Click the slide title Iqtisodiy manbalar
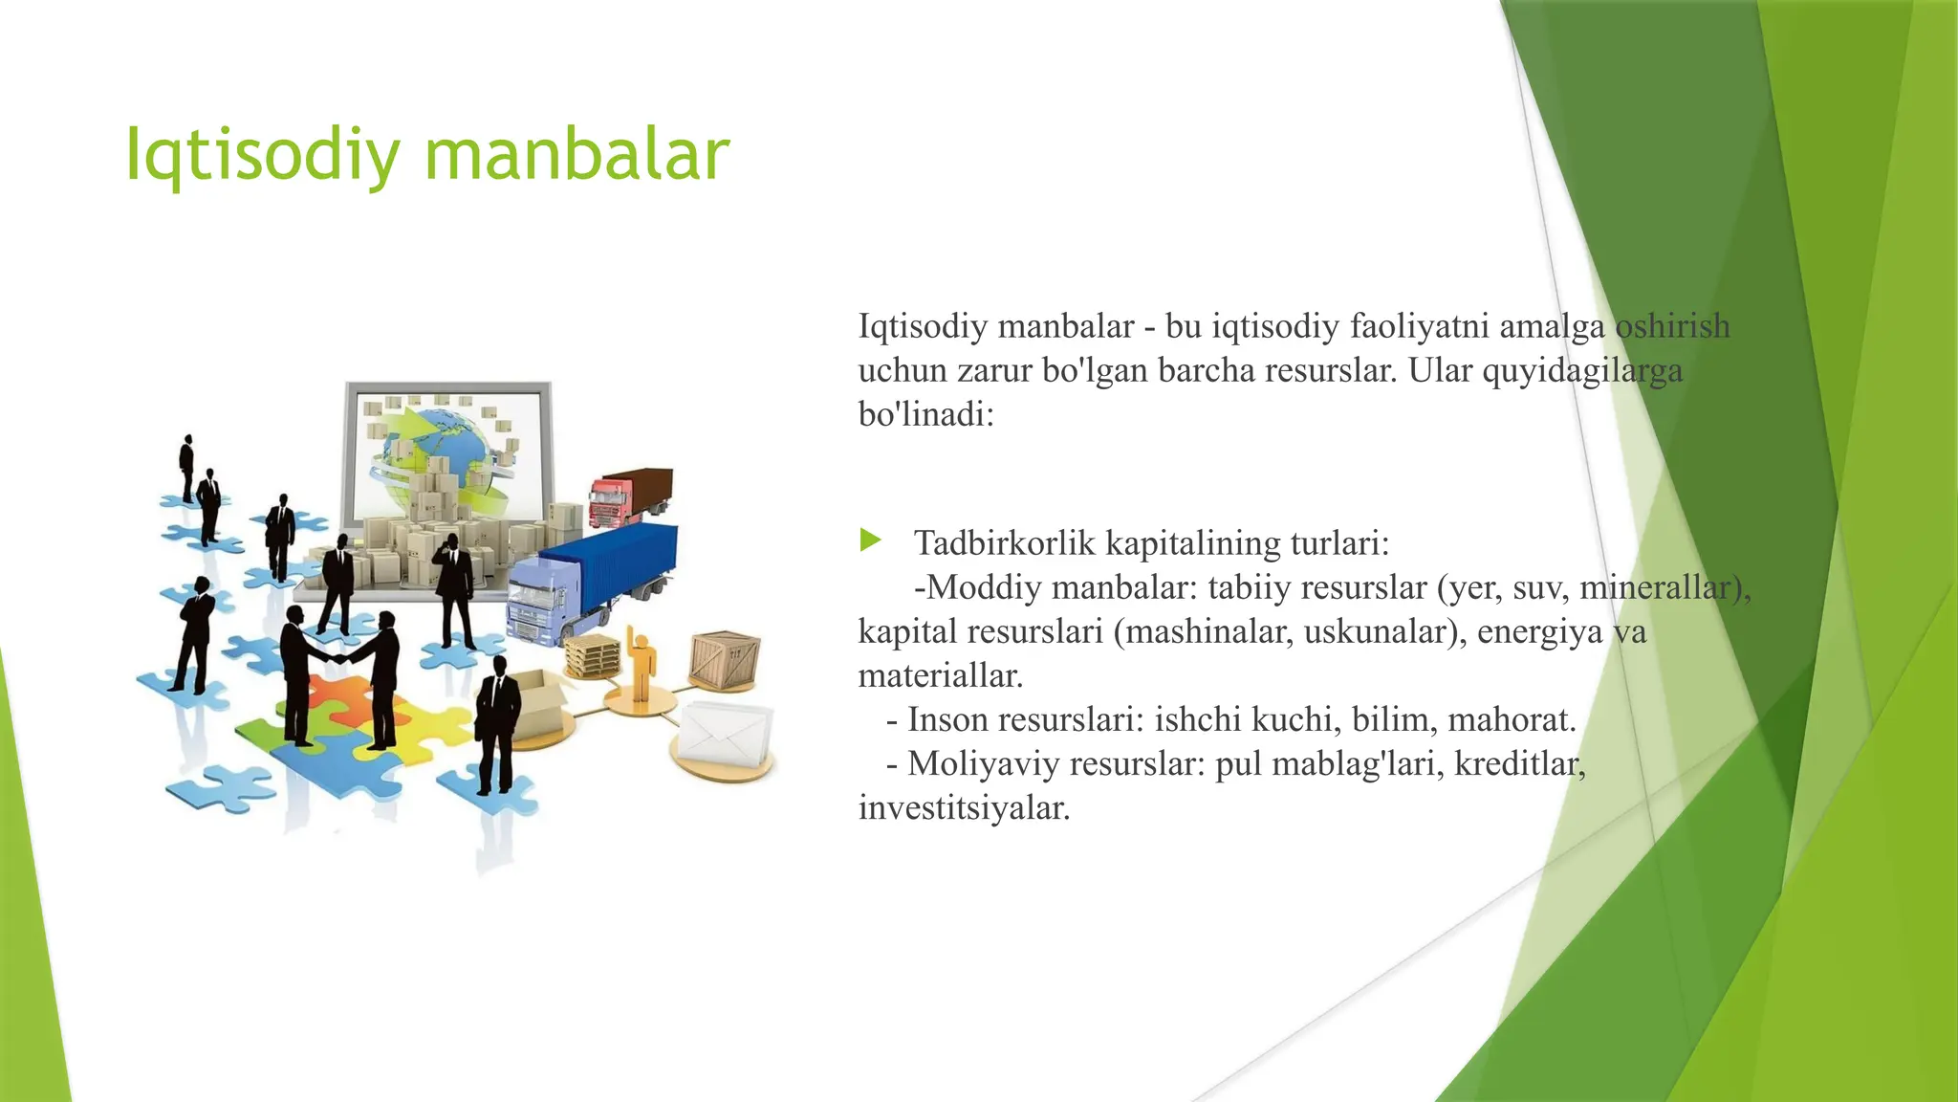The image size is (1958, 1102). pyautogui.click(x=427, y=155)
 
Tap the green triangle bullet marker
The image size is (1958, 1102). pyautogui.click(x=869, y=540)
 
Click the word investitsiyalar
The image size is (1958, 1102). pyautogui.click(x=964, y=808)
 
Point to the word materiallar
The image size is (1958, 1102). pyautogui.click(x=941, y=676)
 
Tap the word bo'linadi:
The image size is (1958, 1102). pyautogui.click(x=926, y=415)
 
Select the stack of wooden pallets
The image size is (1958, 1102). pyautogui.click(x=592, y=656)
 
